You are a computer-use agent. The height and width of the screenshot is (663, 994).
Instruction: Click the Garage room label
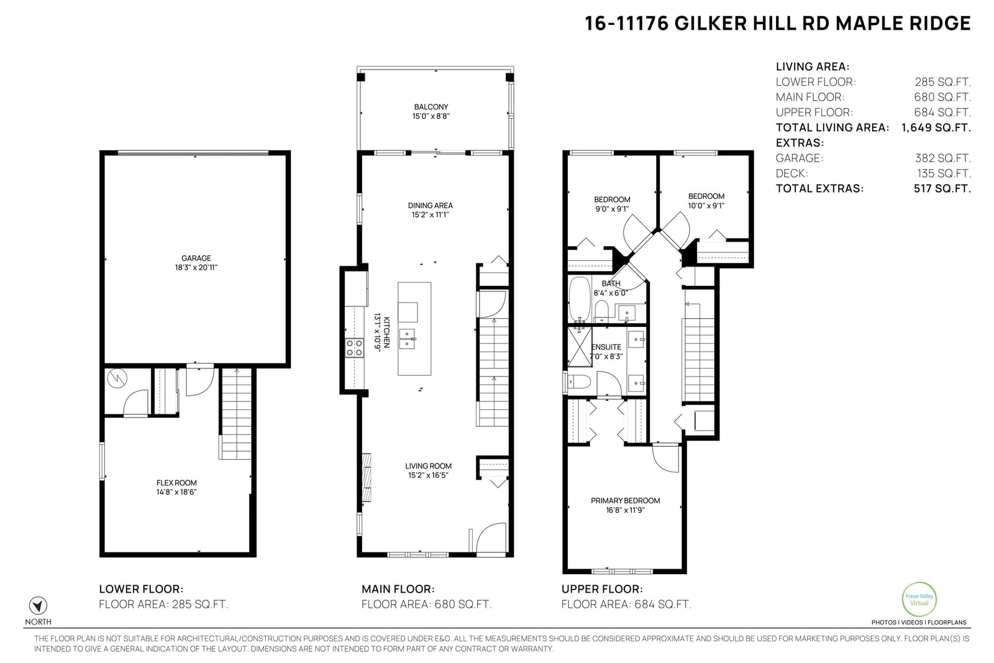click(196, 258)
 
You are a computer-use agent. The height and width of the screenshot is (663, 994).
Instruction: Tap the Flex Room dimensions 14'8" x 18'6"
click(176, 492)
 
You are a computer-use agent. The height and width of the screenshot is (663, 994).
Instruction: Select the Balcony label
click(431, 107)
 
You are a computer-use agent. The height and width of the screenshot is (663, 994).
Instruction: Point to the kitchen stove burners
click(355, 347)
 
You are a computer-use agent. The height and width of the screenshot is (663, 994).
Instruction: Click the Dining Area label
click(430, 206)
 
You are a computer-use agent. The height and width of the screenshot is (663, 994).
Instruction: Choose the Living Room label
click(428, 466)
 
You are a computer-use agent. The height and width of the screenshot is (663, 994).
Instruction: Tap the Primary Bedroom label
click(625, 501)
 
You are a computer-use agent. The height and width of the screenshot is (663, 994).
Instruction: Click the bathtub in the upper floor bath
click(580, 299)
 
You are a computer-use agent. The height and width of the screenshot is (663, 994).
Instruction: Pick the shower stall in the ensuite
click(580, 347)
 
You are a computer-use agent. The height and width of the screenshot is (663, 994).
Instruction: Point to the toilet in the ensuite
click(578, 381)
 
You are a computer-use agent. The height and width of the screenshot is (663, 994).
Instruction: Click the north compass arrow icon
click(38, 606)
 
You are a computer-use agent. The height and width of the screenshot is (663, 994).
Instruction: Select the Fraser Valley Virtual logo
click(919, 599)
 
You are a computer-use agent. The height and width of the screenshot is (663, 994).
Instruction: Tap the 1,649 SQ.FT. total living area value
click(936, 128)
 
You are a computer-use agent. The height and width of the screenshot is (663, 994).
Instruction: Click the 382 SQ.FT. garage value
click(942, 158)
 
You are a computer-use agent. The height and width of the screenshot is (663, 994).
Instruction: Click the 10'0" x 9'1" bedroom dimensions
click(706, 206)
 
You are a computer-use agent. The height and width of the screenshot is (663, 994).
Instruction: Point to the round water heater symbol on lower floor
click(117, 378)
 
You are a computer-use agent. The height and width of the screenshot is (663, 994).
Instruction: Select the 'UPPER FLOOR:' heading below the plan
click(602, 589)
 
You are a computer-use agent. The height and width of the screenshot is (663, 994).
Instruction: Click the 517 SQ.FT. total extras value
click(942, 189)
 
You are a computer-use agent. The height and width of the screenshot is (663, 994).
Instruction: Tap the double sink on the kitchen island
click(407, 339)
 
